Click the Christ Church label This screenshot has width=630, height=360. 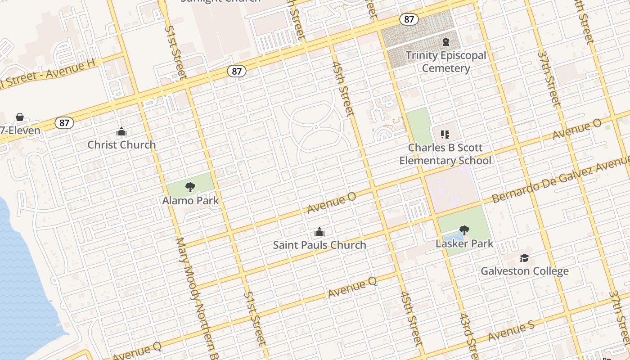tap(121, 145)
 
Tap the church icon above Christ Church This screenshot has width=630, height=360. tap(121, 132)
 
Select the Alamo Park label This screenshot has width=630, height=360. tap(190, 200)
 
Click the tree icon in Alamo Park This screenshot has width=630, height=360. tap(190, 187)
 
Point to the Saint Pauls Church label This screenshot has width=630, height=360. tap(319, 245)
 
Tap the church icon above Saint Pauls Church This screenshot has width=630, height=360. tap(319, 232)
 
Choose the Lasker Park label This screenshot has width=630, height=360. tap(464, 244)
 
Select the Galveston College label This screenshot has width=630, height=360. tap(525, 271)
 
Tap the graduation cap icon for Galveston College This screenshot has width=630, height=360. tap(525, 258)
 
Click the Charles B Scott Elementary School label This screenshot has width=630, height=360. tap(445, 154)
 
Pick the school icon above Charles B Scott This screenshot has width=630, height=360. tap(445, 134)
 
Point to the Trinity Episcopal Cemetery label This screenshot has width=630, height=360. tap(446, 62)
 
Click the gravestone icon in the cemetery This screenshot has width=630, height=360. tap(446, 42)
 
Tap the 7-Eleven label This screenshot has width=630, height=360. tap(20, 131)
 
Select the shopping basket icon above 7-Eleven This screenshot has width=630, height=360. tap(20, 117)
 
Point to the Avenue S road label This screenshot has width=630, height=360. tap(511, 332)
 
